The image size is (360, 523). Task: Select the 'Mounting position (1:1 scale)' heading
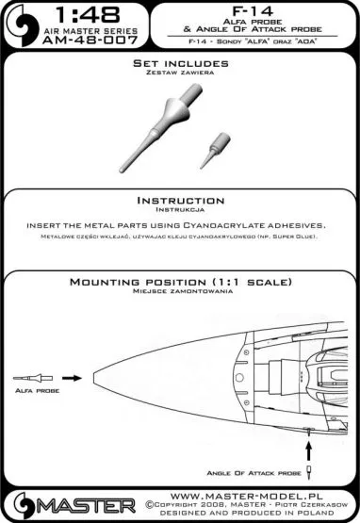coord(180,284)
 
